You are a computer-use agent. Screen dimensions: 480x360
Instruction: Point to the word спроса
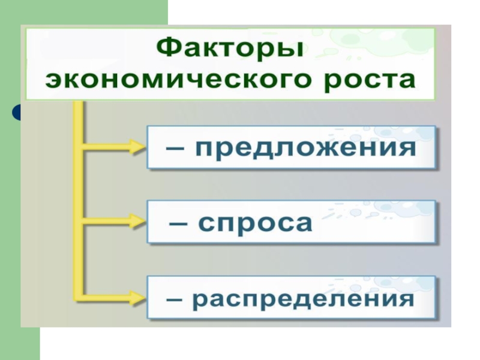coord(256,224)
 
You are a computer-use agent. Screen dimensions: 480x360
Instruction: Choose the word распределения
coord(303,299)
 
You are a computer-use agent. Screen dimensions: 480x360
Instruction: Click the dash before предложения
coord(175,148)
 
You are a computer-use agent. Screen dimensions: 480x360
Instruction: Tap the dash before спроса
coord(178,223)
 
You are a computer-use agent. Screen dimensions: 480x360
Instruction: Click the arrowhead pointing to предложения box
coord(138,147)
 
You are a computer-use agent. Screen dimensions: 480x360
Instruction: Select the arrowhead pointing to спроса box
coord(138,221)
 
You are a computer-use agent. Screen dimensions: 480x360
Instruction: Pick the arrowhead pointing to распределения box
coord(138,297)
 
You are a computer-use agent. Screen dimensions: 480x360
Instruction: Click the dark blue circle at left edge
coord(16,112)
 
